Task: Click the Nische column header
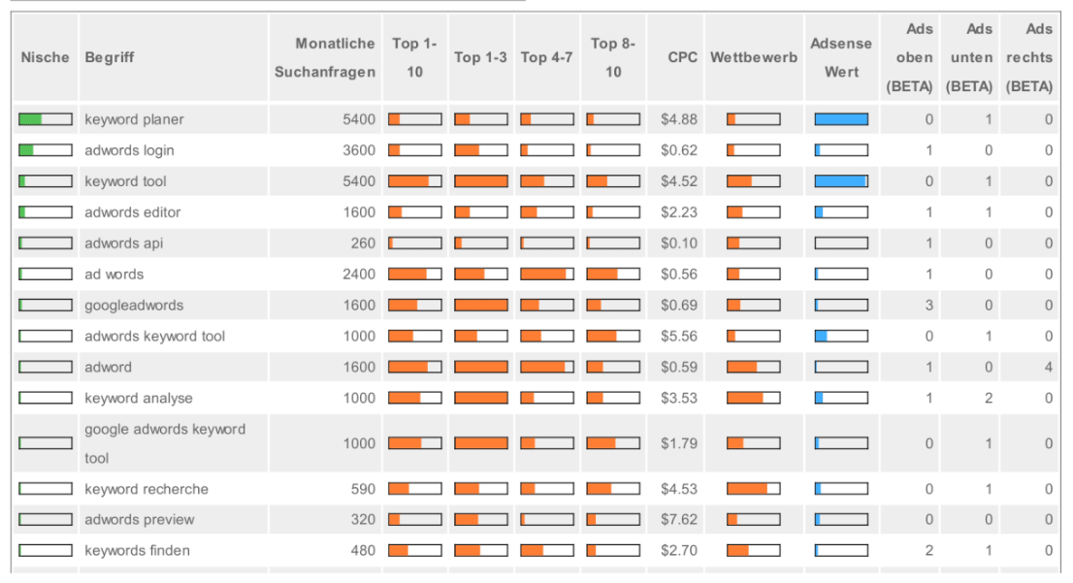[45, 57]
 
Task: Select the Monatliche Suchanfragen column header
[325, 57]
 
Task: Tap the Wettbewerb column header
[754, 57]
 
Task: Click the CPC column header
[683, 57]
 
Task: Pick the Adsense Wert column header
[841, 57]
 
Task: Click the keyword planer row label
[134, 119]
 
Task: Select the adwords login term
[129, 150]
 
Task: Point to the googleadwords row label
[134, 306]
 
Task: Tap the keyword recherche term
[146, 489]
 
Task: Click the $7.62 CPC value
[679, 520]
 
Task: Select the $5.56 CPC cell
[679, 337]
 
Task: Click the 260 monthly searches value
[363, 243]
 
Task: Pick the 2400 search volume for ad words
[359, 275]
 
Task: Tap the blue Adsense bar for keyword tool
[841, 181]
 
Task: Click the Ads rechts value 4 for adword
[1049, 368]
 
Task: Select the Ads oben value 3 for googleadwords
[929, 306]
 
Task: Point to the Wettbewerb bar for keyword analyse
[754, 398]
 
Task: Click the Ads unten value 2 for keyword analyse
[989, 398]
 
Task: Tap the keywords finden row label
[137, 551]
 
